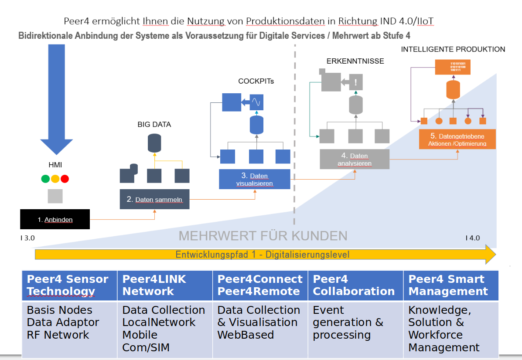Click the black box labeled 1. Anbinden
pos(55,219)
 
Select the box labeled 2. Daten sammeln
pos(154,199)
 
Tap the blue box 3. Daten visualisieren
pos(254,179)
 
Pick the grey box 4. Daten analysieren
pos(354,159)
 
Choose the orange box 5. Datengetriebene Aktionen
pos(457,139)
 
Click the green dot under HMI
pos(45,179)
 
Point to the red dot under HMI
pos(65,179)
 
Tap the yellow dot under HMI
pos(55,179)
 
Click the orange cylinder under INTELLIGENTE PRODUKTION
pos(453,90)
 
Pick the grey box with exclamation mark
pos(356,82)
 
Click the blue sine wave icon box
pos(256,102)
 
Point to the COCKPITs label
pos(256,81)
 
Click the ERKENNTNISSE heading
pos(355,61)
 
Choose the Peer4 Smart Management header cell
pos(450,285)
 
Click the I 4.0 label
pos(472,238)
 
